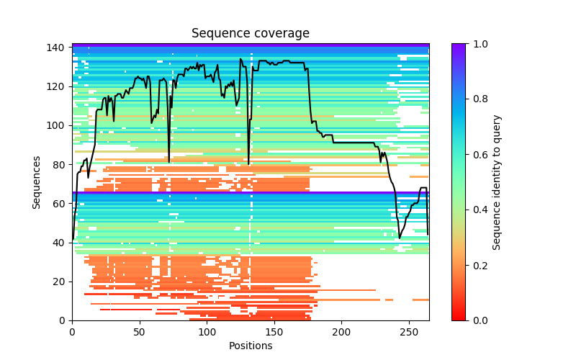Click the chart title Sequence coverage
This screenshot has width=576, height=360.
(x=251, y=34)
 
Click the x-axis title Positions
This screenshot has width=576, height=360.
(x=251, y=346)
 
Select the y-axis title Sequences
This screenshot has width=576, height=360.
(x=37, y=182)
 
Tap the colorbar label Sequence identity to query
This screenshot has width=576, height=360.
(x=497, y=182)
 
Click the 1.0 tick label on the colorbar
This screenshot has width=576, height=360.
(x=477, y=44)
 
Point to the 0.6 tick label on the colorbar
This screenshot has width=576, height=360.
(x=477, y=155)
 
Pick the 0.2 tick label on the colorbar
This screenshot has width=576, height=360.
(x=477, y=265)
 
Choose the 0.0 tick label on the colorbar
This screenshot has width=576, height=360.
(x=477, y=320)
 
